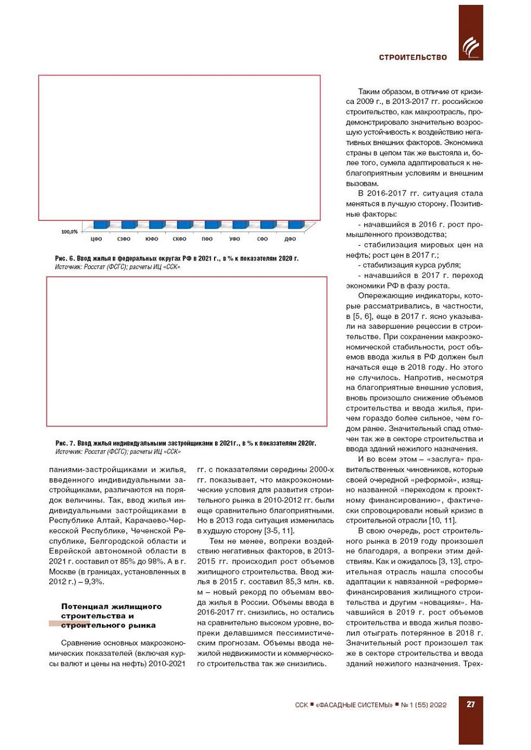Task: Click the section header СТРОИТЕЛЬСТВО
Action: click(x=413, y=57)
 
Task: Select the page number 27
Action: click(x=471, y=704)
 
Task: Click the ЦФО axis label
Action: click(x=96, y=239)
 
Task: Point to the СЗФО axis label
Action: click(x=124, y=239)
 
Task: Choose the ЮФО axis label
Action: click(x=152, y=239)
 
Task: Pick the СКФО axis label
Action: click(x=179, y=239)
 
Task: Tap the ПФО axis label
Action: click(x=207, y=239)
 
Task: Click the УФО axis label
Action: click(x=235, y=239)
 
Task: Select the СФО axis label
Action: click(x=262, y=239)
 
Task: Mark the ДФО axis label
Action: click(x=290, y=239)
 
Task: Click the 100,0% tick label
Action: click(x=69, y=232)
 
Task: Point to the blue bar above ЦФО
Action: click(x=101, y=225)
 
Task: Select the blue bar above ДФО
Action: click(x=295, y=225)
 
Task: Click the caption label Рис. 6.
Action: click(x=64, y=259)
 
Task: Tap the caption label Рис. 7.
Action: click(x=65, y=444)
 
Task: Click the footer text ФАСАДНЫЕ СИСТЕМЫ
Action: click(x=355, y=705)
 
